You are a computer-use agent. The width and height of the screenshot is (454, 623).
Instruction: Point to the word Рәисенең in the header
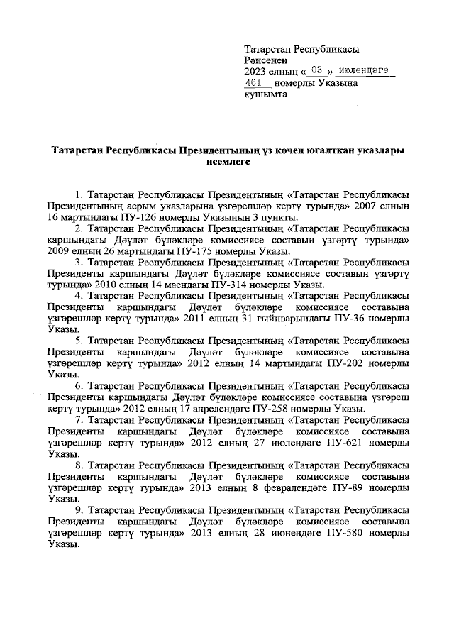pos(265,60)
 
